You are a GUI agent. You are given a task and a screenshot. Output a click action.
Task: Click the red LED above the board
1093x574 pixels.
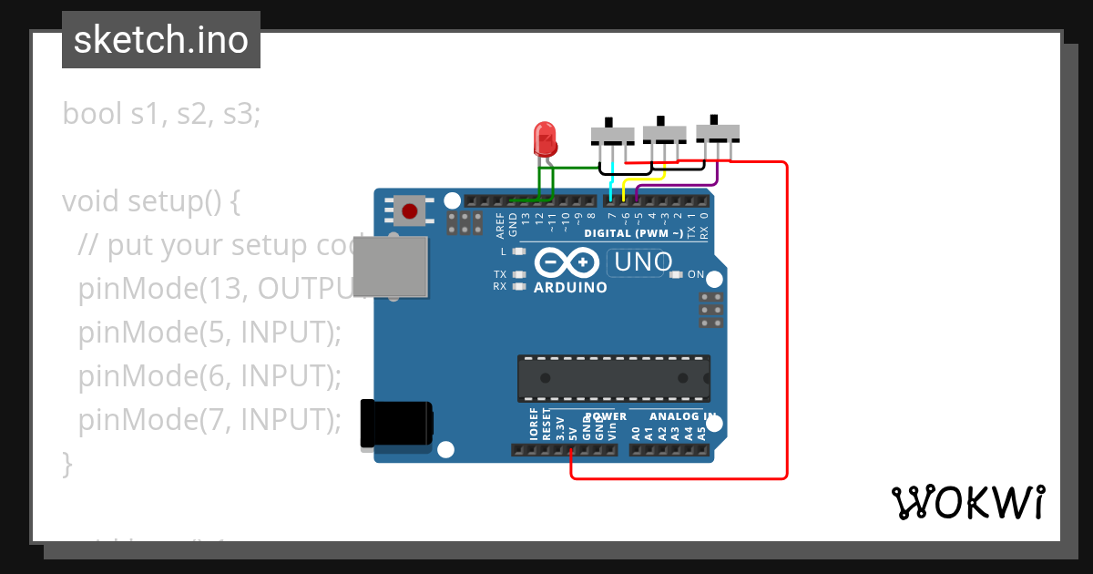[545, 138]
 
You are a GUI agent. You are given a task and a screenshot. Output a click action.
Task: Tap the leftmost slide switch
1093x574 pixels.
[612, 135]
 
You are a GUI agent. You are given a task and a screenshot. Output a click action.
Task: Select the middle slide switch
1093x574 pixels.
[664, 134]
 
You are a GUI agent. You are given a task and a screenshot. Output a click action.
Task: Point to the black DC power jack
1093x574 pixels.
[397, 425]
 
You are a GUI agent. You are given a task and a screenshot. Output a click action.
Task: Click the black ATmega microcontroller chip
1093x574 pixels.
[613, 378]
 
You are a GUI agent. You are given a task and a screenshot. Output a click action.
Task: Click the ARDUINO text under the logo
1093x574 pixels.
[570, 288]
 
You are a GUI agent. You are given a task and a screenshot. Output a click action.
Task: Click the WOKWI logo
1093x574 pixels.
[967, 503]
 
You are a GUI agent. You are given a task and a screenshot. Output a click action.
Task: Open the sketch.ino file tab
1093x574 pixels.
[161, 40]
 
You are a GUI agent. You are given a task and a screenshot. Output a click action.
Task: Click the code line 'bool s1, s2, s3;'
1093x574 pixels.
[161, 114]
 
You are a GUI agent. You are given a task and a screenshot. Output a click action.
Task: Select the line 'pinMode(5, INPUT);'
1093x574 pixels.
[209, 333]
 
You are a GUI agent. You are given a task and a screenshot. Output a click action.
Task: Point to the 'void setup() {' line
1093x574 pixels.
[151, 201]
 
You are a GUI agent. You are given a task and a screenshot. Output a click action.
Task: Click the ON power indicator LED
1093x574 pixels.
[676, 274]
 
